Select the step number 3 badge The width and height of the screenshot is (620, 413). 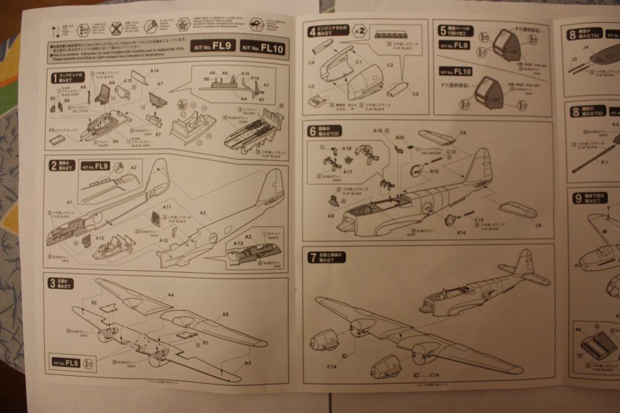point(52,283)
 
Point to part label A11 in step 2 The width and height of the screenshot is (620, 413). point(167,206)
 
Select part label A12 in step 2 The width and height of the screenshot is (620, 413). point(100,238)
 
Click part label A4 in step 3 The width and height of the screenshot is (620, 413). point(170,295)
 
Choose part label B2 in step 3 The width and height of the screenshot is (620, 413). point(94,302)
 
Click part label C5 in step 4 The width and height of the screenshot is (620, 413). point(415,93)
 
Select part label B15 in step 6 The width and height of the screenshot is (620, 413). point(434,172)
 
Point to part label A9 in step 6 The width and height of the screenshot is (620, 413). point(331,215)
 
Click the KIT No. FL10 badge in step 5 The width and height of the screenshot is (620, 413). point(456,71)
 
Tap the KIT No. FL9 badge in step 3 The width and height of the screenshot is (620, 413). point(65,363)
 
